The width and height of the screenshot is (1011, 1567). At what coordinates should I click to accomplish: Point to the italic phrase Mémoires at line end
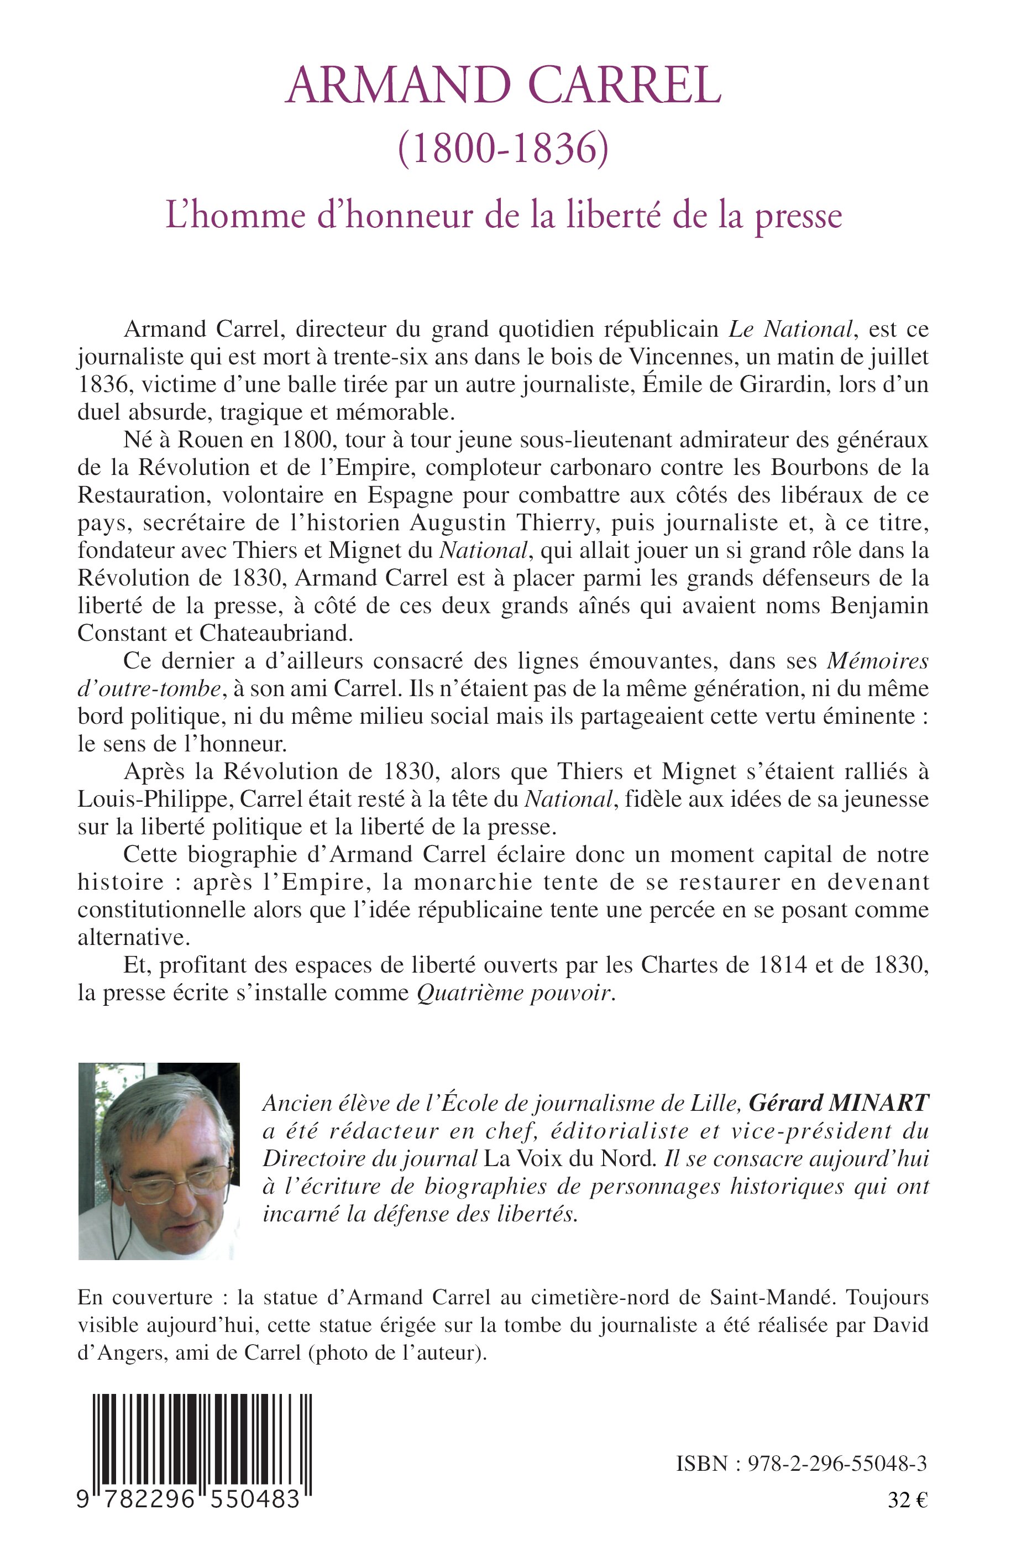[x=877, y=661]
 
